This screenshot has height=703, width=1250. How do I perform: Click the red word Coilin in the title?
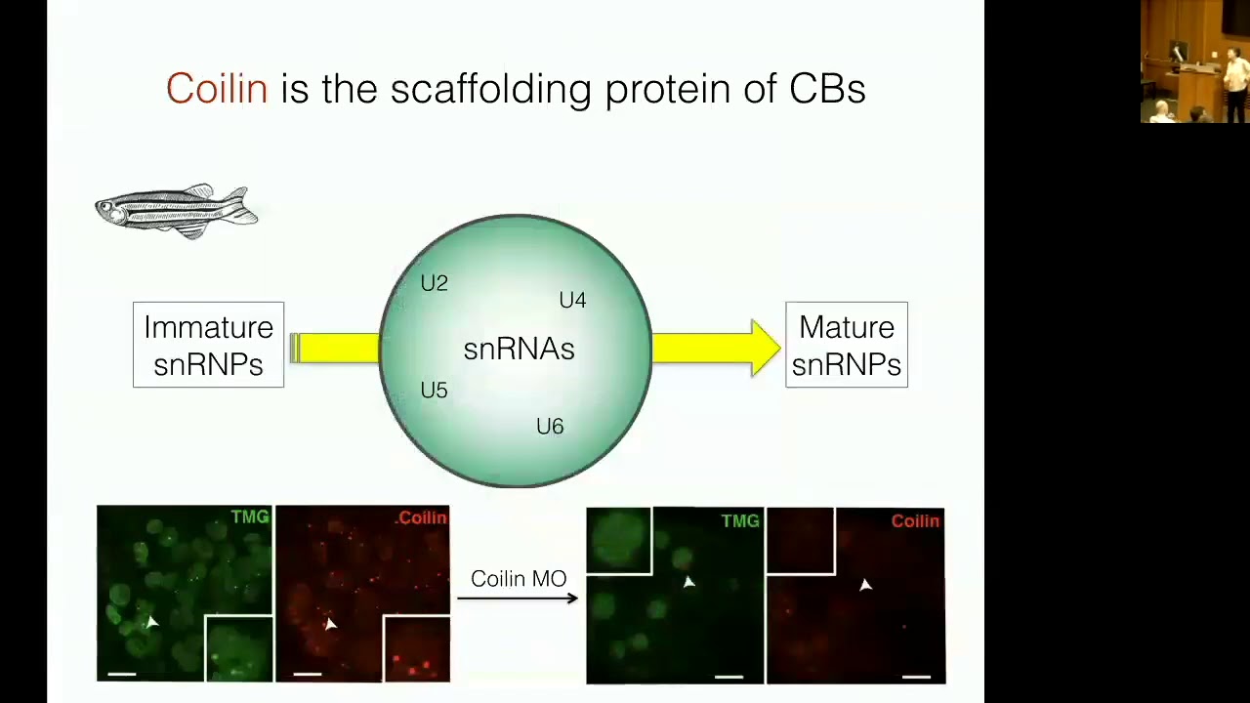pyautogui.click(x=216, y=89)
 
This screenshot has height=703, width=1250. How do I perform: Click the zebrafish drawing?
pyautogui.click(x=177, y=210)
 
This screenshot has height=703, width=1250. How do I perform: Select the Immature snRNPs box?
pyautogui.click(x=208, y=345)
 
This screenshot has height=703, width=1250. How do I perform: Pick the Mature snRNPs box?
pyautogui.click(x=846, y=345)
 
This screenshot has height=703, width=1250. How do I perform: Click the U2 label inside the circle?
pyautogui.click(x=434, y=283)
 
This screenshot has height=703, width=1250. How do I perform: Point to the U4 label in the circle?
pyautogui.click(x=572, y=300)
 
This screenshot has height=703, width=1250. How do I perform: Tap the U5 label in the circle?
pyautogui.click(x=434, y=391)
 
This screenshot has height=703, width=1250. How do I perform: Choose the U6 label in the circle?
pyautogui.click(x=550, y=427)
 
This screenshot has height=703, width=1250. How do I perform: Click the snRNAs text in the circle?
pyautogui.click(x=519, y=350)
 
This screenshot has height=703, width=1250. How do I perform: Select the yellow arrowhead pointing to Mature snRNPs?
pyautogui.click(x=764, y=348)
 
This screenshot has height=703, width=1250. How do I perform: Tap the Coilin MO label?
pyautogui.click(x=518, y=579)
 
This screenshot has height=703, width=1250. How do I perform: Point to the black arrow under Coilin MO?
pyautogui.click(x=518, y=598)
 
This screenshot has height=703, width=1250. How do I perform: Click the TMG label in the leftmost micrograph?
pyautogui.click(x=249, y=517)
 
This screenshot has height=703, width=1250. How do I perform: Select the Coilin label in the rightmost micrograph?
pyautogui.click(x=915, y=521)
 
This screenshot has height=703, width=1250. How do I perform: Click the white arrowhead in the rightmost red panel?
pyautogui.click(x=865, y=585)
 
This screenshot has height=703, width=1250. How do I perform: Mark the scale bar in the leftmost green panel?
pyautogui.click(x=121, y=673)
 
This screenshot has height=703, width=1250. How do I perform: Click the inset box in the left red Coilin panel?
pyautogui.click(x=416, y=648)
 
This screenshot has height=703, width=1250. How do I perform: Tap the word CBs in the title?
pyautogui.click(x=827, y=89)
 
